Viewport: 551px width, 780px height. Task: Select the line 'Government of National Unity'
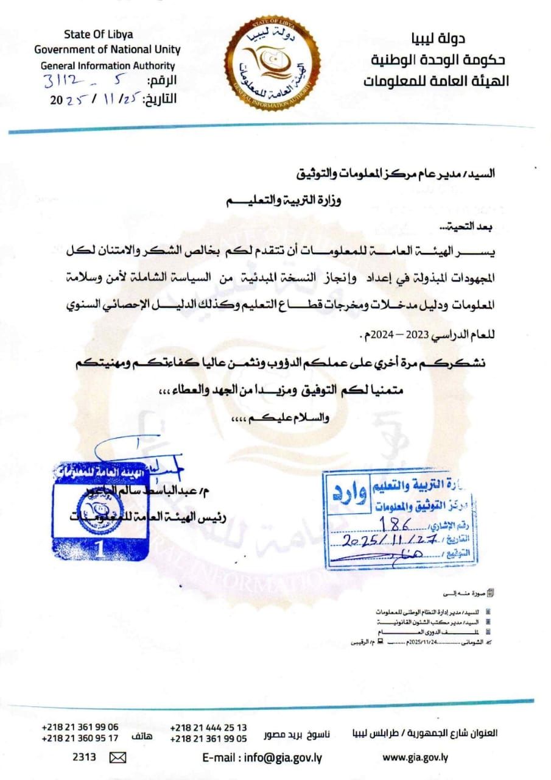click(x=107, y=49)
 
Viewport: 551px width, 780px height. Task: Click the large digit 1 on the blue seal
click(x=99, y=549)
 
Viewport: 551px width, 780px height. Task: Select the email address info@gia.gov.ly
click(x=262, y=757)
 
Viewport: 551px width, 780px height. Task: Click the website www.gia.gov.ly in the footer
click(x=415, y=757)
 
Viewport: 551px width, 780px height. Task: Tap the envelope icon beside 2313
click(x=117, y=757)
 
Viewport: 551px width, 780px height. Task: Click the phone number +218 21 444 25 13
click(x=209, y=727)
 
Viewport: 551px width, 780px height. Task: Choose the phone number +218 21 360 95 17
click(x=80, y=738)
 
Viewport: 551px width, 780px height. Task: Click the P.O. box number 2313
click(x=84, y=757)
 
